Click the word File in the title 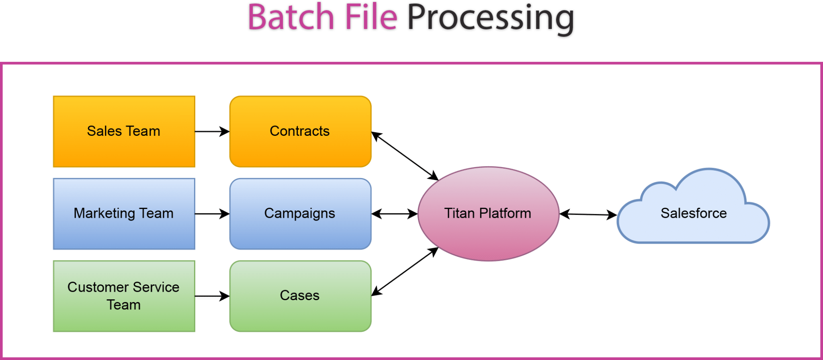pyautogui.click(x=371, y=18)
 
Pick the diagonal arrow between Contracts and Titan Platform pyautogui.click(x=405, y=156)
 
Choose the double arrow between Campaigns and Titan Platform pyautogui.click(x=395, y=214)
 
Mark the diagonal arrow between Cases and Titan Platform pyautogui.click(x=405, y=272)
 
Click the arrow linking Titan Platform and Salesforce pyautogui.click(x=588, y=215)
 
